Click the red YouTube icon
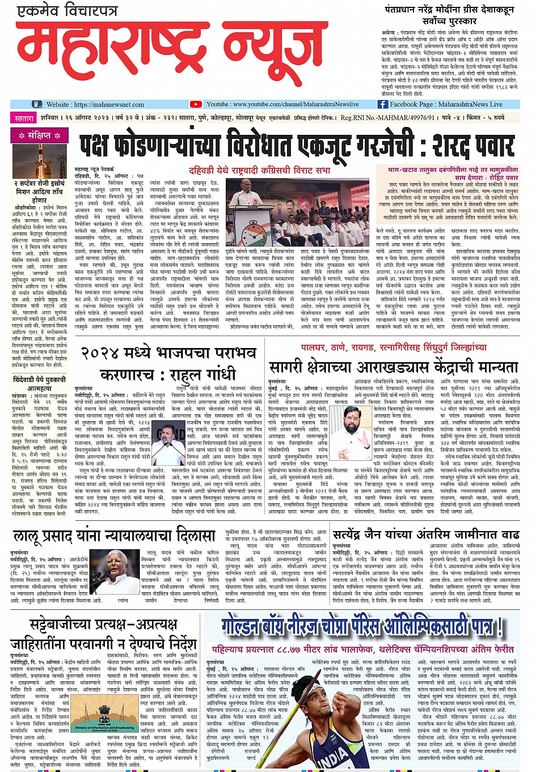(196, 104)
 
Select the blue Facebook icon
(382, 104)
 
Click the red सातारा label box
(24, 118)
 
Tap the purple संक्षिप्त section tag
(40, 135)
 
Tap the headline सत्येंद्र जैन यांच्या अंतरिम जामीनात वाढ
(426, 535)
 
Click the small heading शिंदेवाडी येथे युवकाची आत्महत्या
(40, 384)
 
